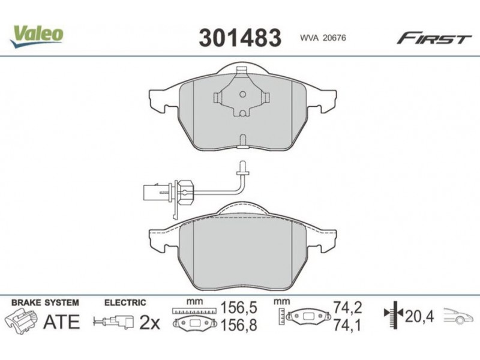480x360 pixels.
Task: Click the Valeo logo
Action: pos(37,36)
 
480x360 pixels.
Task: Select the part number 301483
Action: pos(239,38)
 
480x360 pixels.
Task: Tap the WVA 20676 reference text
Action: pos(323,38)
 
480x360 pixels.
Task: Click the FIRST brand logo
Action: pos(434,38)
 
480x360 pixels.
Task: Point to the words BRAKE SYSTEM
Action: pos(45,303)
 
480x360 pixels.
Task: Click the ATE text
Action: pos(61,322)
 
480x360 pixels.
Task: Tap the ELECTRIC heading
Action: pos(125,303)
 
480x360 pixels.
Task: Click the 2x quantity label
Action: pos(149,322)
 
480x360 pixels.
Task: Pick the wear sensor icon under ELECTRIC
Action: pos(114,322)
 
